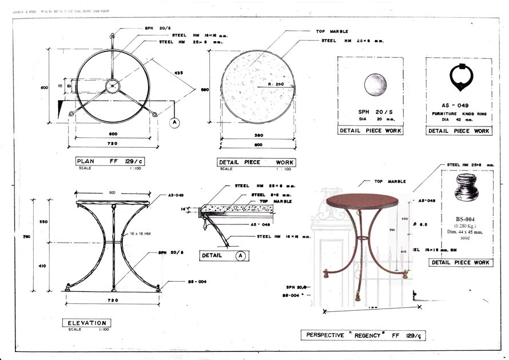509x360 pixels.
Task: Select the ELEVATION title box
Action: click(x=86, y=323)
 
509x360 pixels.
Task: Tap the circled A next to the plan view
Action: click(x=174, y=122)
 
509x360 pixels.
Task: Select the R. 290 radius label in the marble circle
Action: click(x=276, y=85)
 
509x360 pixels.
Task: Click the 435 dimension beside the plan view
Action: click(x=179, y=73)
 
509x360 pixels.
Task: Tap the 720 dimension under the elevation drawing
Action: click(x=113, y=300)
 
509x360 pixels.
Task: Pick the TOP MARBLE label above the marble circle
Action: click(x=332, y=31)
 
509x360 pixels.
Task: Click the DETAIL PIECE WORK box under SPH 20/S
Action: click(x=371, y=131)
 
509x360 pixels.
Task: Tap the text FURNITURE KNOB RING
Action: click(x=458, y=114)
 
